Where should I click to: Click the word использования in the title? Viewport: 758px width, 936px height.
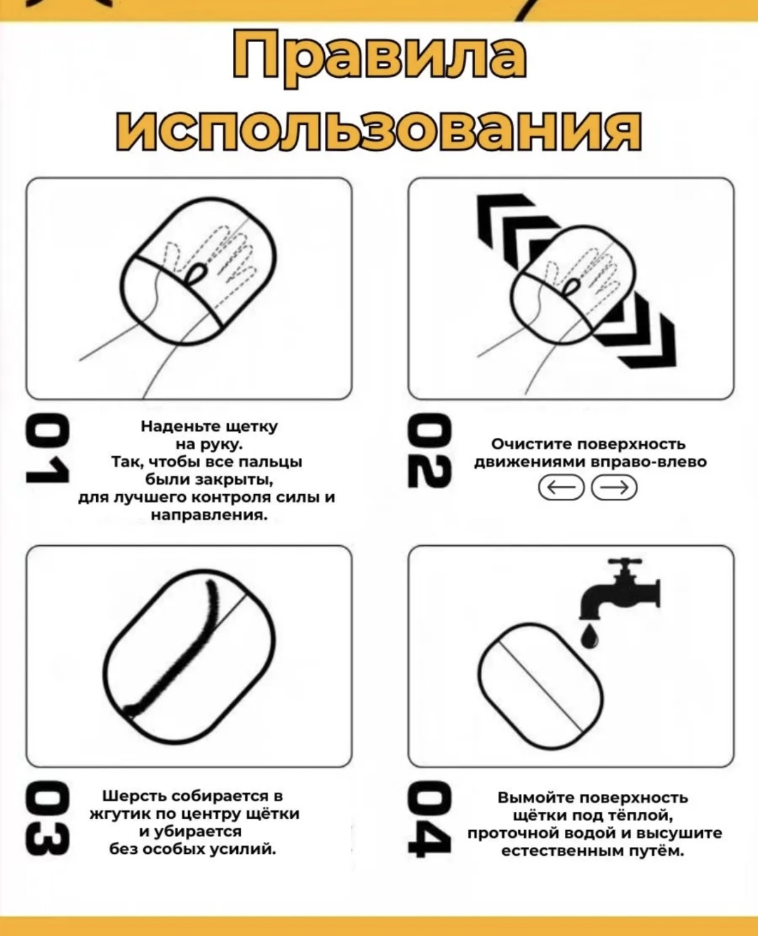click(379, 131)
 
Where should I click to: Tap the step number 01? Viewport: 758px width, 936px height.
click(47, 450)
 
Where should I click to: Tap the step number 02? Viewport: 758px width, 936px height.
click(430, 450)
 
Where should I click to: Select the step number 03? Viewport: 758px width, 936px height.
click(47, 819)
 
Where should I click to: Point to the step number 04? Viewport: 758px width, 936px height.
click(430, 820)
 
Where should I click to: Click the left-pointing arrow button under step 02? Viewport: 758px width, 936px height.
click(561, 488)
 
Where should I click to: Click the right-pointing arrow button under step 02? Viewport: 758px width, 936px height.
click(614, 488)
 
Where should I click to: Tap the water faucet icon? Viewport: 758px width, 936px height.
click(620, 589)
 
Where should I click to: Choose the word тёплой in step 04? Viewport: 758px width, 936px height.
click(640, 815)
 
